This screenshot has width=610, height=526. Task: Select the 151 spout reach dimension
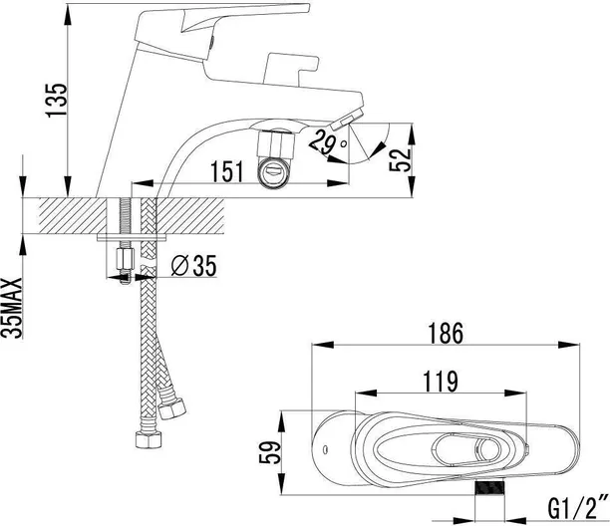228,172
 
